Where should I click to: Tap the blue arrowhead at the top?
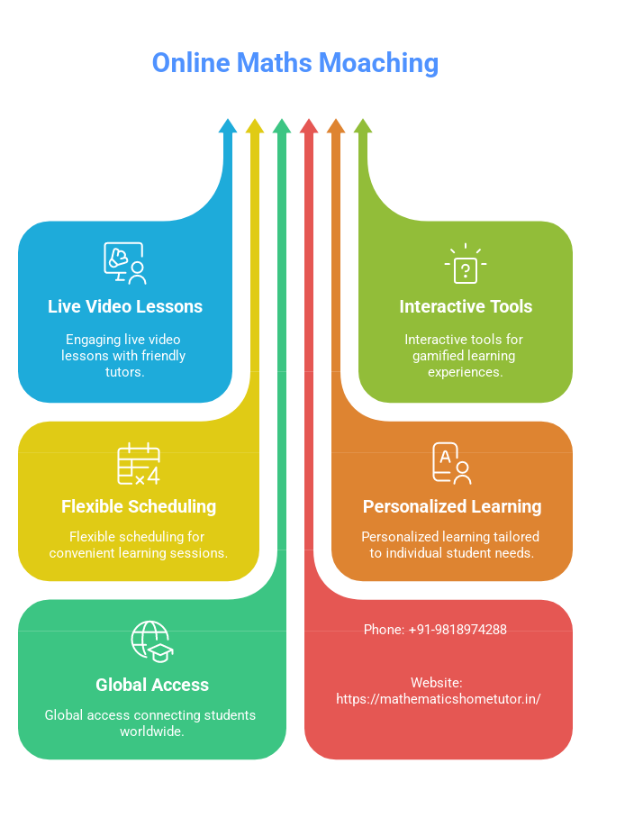(228, 127)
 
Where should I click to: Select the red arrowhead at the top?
(309, 127)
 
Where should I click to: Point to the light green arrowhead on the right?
(363, 127)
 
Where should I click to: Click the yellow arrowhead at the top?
(255, 127)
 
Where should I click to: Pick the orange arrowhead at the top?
(336, 127)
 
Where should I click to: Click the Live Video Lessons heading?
(125, 306)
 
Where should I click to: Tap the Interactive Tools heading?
(466, 306)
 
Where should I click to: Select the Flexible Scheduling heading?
(139, 506)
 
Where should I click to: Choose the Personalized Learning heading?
(452, 506)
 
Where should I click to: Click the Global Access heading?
(152, 685)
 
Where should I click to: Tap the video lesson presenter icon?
(124, 263)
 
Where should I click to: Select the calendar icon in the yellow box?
(139, 464)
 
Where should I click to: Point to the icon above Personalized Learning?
(451, 463)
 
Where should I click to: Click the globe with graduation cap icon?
(151, 641)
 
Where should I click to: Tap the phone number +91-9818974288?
(457, 630)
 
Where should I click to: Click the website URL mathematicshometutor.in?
(439, 698)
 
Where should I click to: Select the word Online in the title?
(190, 63)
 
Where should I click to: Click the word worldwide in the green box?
(152, 732)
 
